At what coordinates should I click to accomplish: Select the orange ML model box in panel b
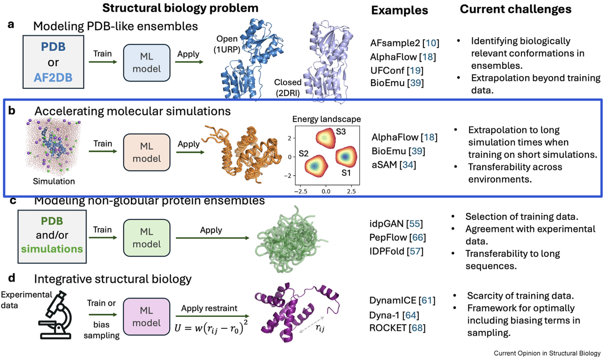(x=146, y=152)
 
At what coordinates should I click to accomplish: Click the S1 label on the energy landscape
(x=347, y=173)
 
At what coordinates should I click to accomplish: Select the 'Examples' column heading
(x=399, y=10)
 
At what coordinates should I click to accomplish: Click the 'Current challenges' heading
(x=515, y=9)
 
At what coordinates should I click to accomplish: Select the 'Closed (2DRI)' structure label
(x=288, y=87)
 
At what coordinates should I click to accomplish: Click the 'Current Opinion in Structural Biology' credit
(x=547, y=353)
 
